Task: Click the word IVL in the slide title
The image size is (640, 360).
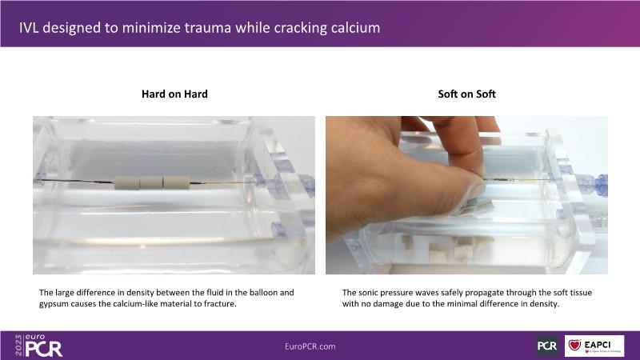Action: point(28,28)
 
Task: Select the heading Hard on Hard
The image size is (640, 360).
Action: point(174,94)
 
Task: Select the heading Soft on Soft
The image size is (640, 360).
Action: point(466,94)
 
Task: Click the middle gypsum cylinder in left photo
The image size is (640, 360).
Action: point(151,182)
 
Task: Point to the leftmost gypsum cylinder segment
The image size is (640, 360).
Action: point(127,182)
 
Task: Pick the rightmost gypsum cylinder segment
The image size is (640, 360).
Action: point(176,182)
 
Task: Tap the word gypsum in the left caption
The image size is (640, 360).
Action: point(51,304)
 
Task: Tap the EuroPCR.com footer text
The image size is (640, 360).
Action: point(310,346)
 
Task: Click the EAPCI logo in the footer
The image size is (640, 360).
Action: point(594,346)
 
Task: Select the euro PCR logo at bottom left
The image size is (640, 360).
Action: point(38,346)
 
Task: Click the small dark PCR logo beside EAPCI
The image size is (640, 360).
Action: point(547,346)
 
